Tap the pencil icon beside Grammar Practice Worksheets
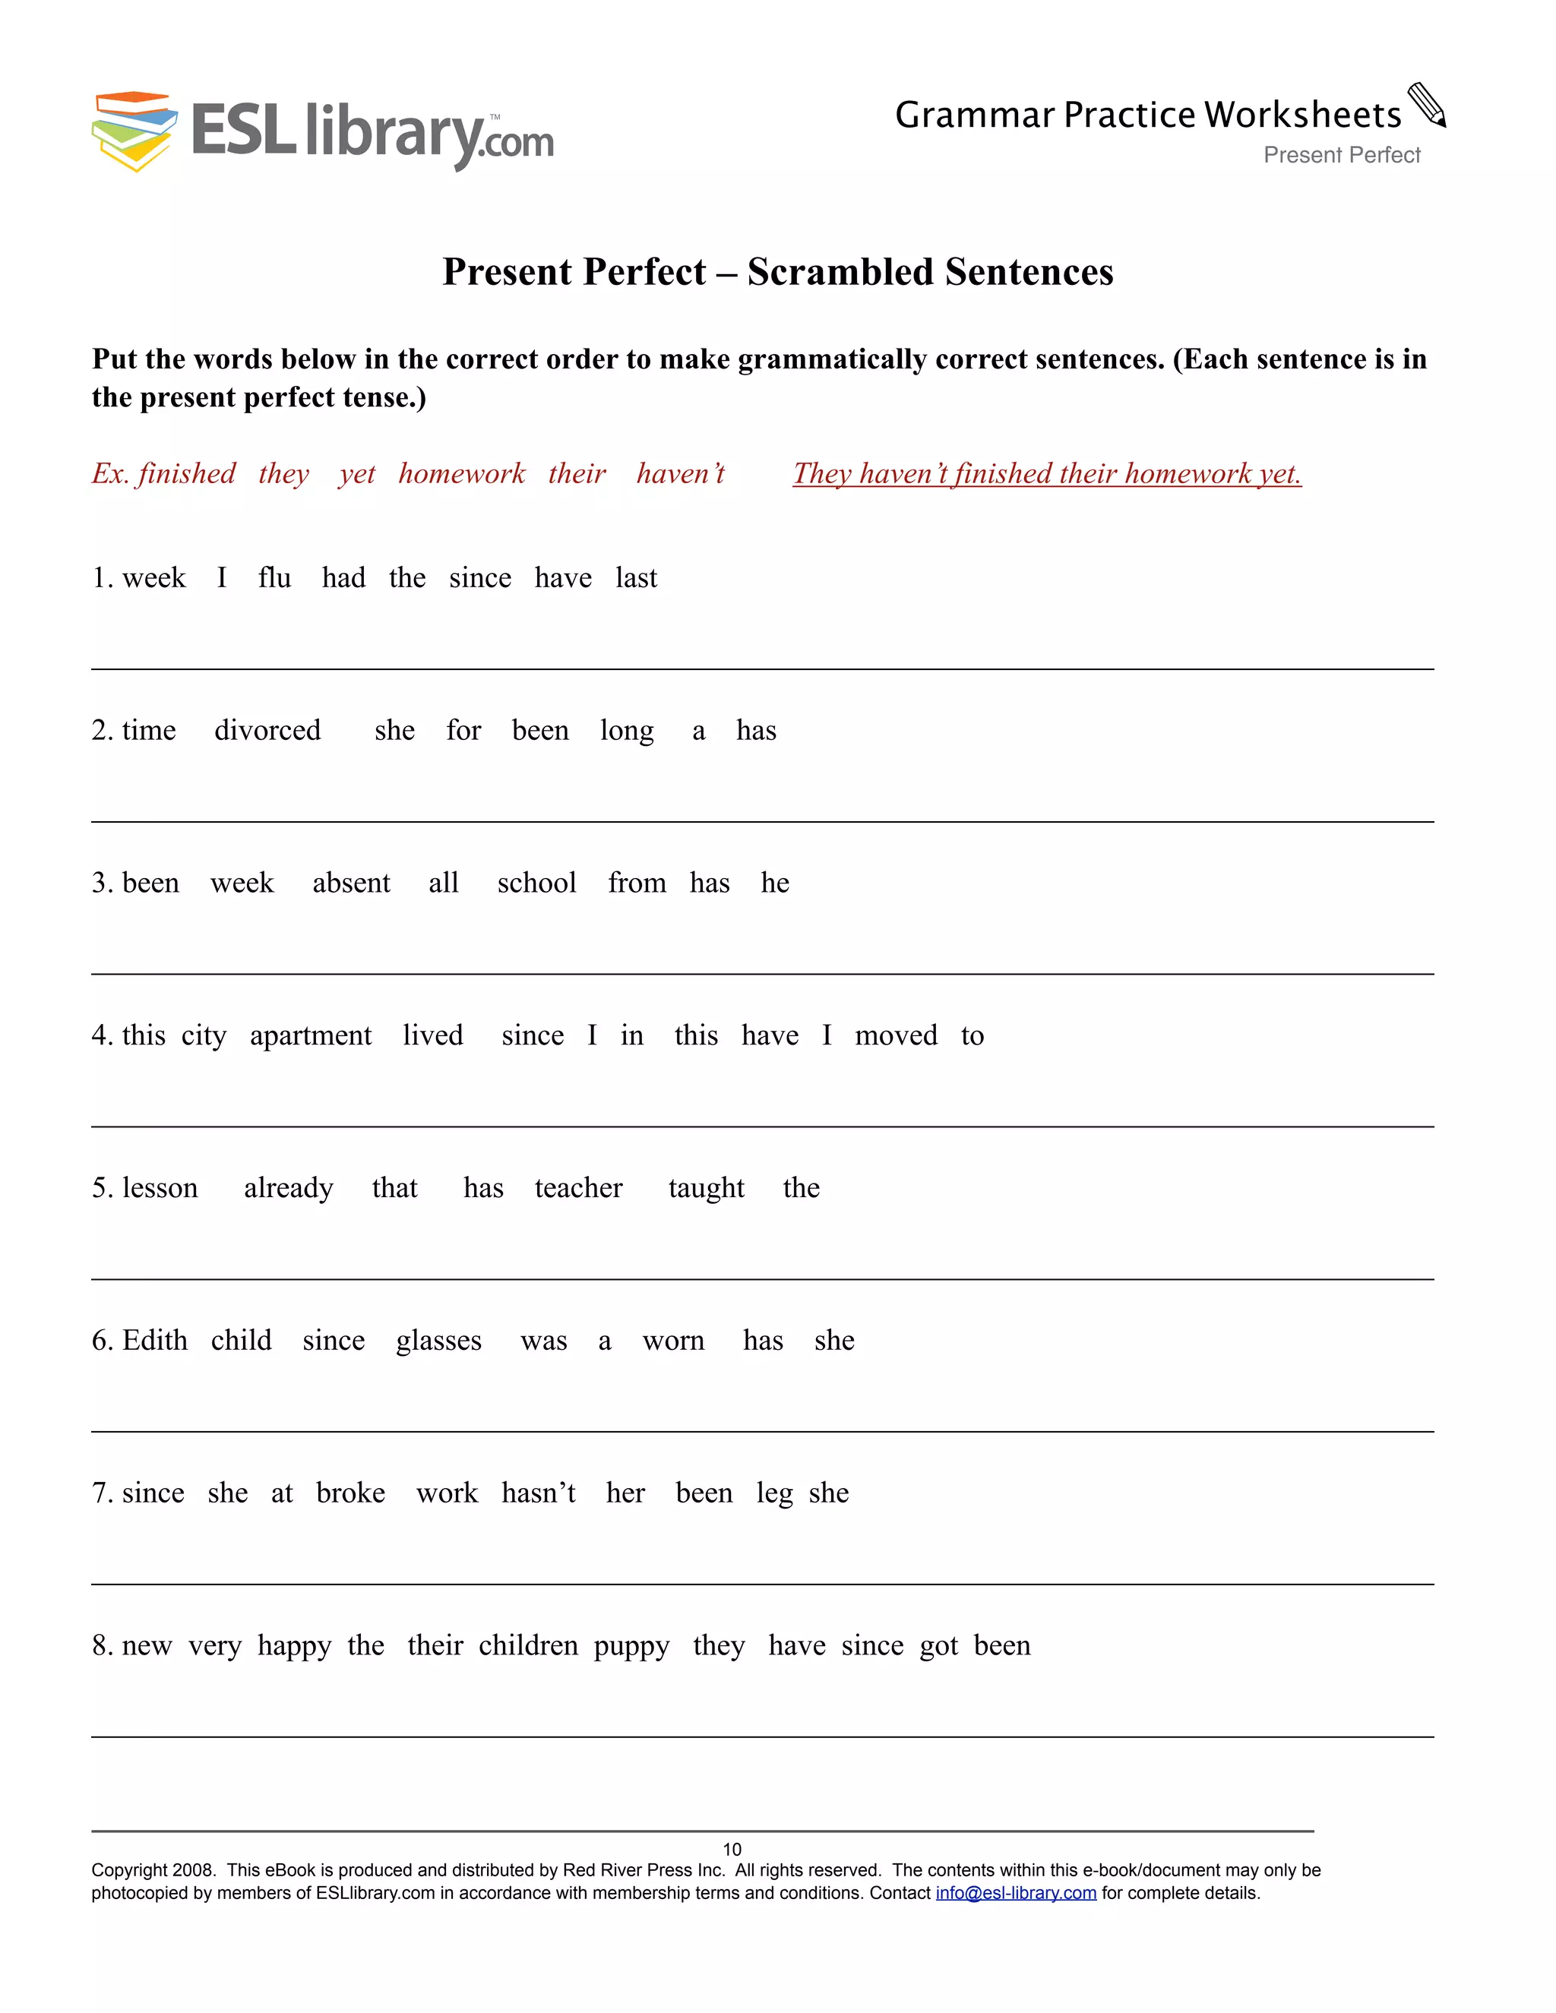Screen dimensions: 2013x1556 pyautogui.click(x=1427, y=105)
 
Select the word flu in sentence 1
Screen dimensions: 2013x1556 pyautogui.click(x=275, y=578)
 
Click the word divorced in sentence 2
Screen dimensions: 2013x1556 pyautogui.click(x=267, y=731)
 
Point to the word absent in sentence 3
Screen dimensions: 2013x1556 pyautogui.click(x=351, y=883)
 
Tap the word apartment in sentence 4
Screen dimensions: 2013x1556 pyautogui.click(x=311, y=1036)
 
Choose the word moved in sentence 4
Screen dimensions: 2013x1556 pyautogui.click(x=895, y=1036)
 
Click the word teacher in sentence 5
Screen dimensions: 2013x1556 pyautogui.click(x=579, y=1188)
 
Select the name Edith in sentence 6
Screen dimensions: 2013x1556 pyautogui.click(x=155, y=1340)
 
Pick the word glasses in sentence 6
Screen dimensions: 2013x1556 pyautogui.click(x=439, y=1341)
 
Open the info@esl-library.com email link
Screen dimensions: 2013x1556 pyautogui.click(x=1016, y=1893)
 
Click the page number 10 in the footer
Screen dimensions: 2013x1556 pyautogui.click(x=732, y=1850)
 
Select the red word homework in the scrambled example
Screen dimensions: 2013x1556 pyautogui.click(x=462, y=474)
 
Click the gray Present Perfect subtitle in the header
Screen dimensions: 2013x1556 pyautogui.click(x=1341, y=155)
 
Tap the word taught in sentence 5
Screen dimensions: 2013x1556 pyautogui.click(x=706, y=1189)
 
